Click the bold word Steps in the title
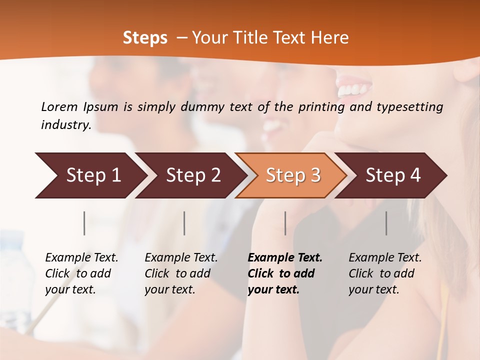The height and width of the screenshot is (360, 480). (145, 38)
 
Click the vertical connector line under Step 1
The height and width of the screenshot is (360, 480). (84, 223)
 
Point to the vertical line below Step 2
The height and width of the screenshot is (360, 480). (184, 223)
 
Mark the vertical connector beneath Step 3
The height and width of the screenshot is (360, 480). (285, 223)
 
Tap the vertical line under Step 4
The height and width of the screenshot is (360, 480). (386, 223)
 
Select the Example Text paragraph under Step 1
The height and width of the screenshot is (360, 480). (81, 273)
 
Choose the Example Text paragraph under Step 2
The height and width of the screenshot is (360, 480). (180, 273)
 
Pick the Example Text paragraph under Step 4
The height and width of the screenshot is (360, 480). (384, 273)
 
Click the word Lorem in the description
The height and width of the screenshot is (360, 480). (59, 106)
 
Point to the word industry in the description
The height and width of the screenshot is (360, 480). (65, 125)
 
